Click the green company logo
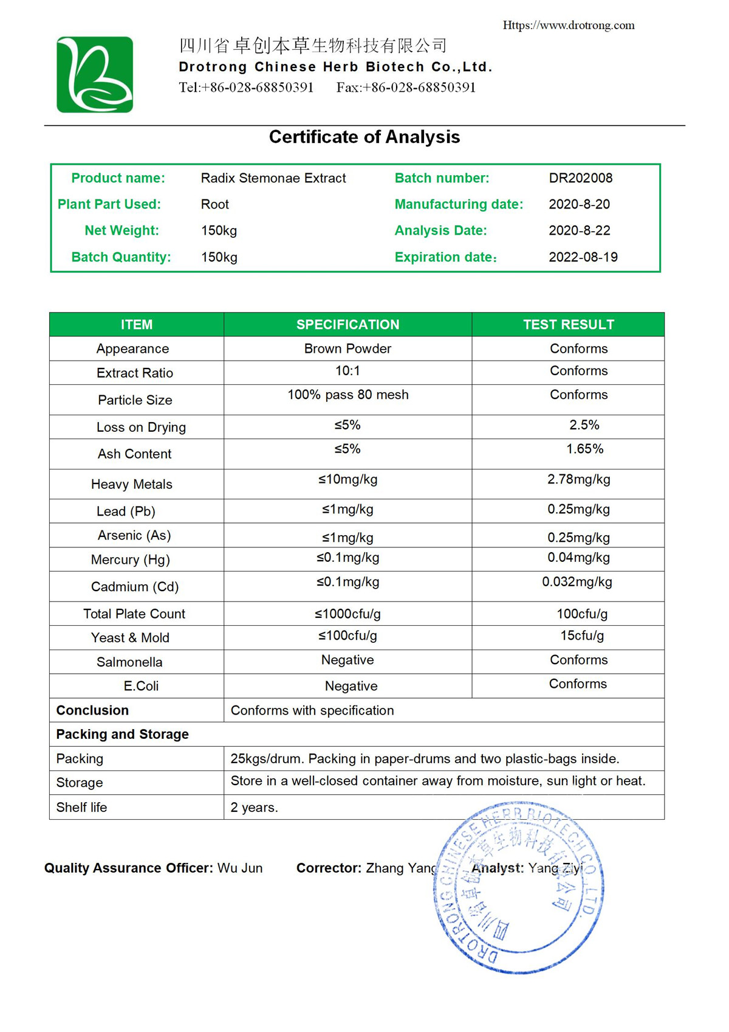point(95,74)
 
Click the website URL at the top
point(568,25)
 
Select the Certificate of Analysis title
point(364,137)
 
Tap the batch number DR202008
point(580,178)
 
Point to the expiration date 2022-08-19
point(583,257)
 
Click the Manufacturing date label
point(459,204)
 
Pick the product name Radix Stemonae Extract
point(273,178)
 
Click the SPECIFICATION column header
point(347,325)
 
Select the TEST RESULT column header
point(568,325)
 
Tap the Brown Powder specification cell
point(347,348)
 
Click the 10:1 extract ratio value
point(347,371)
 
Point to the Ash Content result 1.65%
point(584,449)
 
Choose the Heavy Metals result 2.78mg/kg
point(578,479)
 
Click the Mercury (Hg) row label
point(130,559)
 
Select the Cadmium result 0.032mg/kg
point(577,582)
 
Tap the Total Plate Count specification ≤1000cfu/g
point(347,614)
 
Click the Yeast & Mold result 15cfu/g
point(582,635)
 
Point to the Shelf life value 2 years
point(254,808)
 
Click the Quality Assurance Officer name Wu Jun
point(240,868)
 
